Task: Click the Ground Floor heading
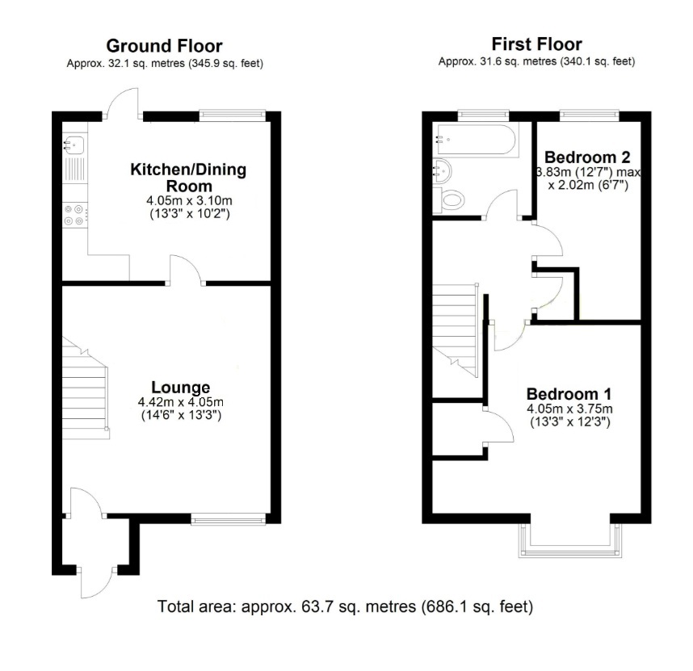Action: tap(164, 46)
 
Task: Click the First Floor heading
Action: tap(536, 44)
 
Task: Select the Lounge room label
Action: tap(181, 387)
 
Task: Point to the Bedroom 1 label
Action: tap(569, 394)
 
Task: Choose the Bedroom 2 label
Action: tap(587, 156)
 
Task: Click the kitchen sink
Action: tap(74, 145)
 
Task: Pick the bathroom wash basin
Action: tap(443, 170)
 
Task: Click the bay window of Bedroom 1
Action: tap(572, 543)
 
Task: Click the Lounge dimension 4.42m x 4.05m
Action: tap(180, 402)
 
